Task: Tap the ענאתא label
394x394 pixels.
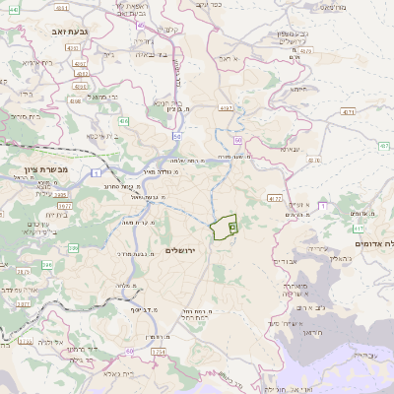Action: [x=290, y=148]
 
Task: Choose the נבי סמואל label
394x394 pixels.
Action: [x=100, y=97]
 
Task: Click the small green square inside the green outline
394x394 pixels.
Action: [x=232, y=227]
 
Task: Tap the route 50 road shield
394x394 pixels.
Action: [x=177, y=136]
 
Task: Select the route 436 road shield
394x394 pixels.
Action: [x=124, y=121]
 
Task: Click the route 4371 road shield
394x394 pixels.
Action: [x=348, y=114]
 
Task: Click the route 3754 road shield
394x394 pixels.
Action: [x=159, y=352]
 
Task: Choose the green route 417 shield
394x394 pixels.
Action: [x=358, y=229]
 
